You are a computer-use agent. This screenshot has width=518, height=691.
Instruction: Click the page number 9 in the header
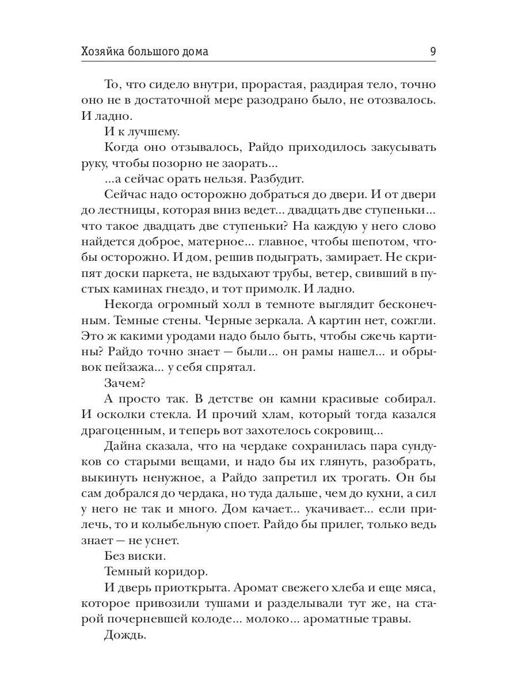click(432, 52)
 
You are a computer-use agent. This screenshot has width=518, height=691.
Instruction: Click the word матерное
click(211, 244)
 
